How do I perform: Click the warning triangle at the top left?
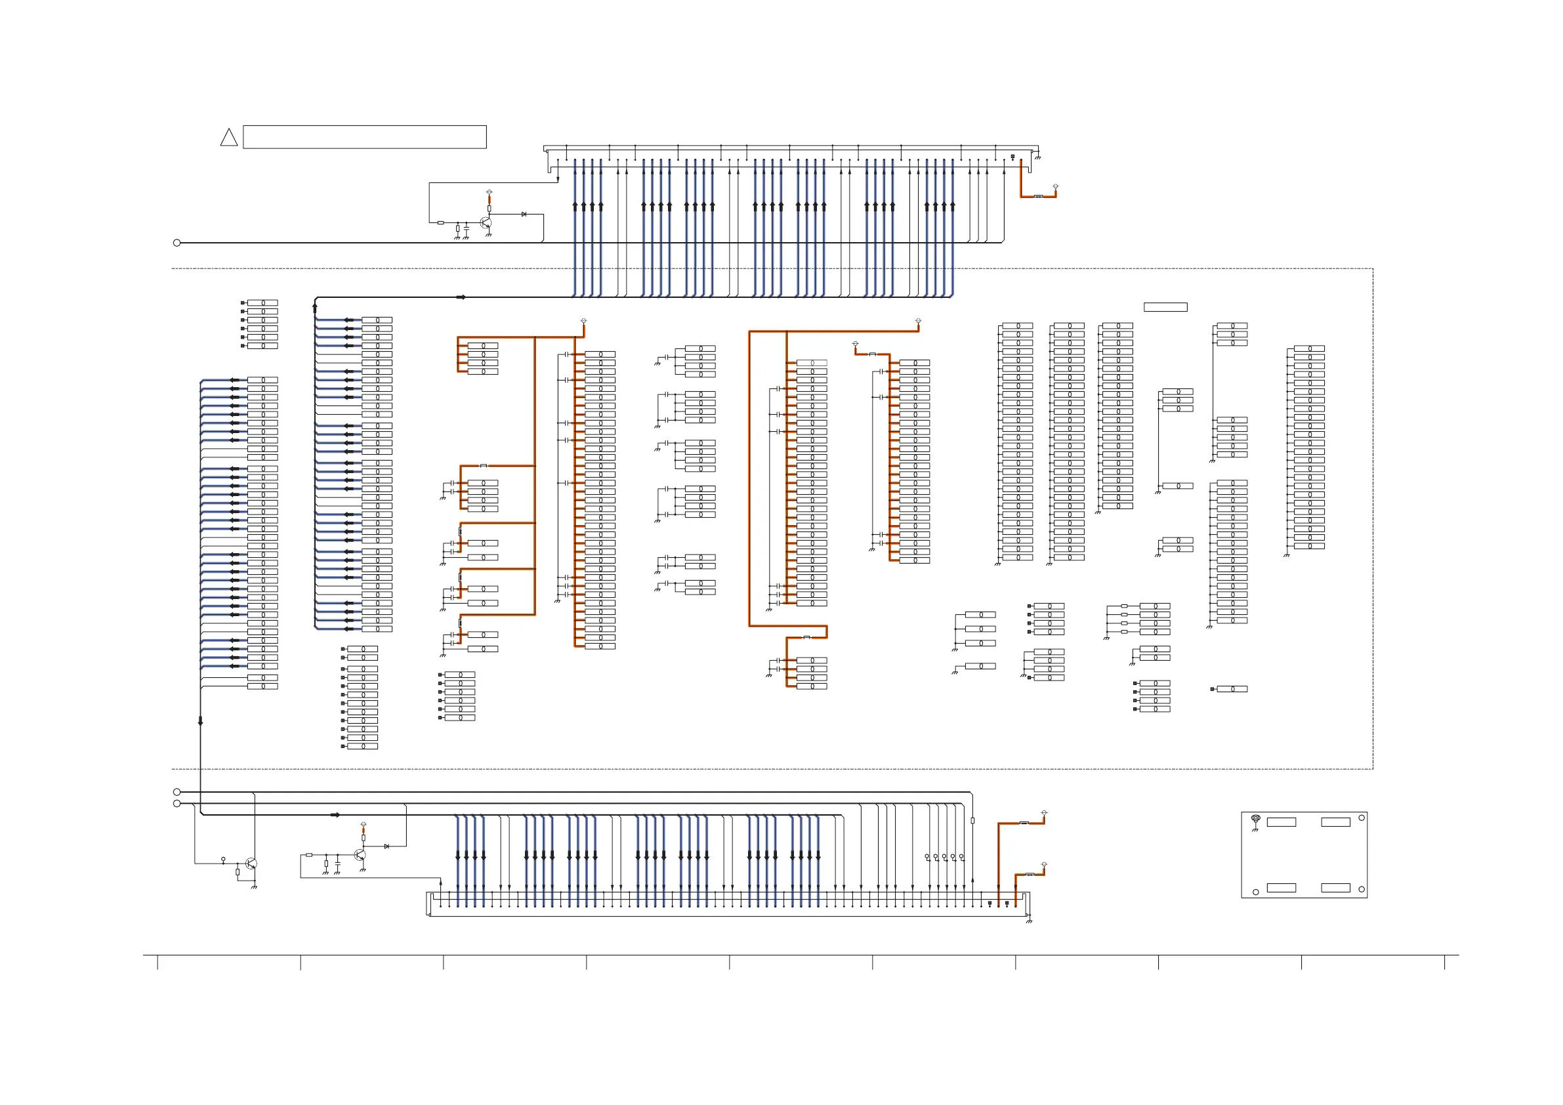(x=229, y=138)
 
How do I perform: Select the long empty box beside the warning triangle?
(x=364, y=137)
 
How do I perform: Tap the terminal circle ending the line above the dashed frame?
(x=177, y=243)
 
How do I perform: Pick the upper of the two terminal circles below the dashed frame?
(x=177, y=792)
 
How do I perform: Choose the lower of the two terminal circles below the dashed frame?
(x=177, y=803)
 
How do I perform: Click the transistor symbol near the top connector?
(x=486, y=222)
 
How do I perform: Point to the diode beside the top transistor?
(x=524, y=215)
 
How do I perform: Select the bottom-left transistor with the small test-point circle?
(x=251, y=864)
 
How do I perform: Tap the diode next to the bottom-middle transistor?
(x=386, y=846)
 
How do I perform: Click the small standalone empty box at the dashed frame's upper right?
(x=1165, y=307)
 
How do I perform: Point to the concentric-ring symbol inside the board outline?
(x=1256, y=818)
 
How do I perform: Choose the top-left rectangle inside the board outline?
(x=1281, y=822)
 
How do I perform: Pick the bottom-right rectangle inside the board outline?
(x=1335, y=888)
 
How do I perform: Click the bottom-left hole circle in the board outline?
(x=1256, y=892)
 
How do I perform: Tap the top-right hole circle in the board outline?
(x=1362, y=818)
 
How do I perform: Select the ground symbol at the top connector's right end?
(x=1037, y=157)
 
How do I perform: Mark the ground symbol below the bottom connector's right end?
(x=1030, y=921)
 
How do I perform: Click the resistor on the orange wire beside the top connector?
(x=1038, y=196)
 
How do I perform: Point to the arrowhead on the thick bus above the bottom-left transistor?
(x=335, y=815)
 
